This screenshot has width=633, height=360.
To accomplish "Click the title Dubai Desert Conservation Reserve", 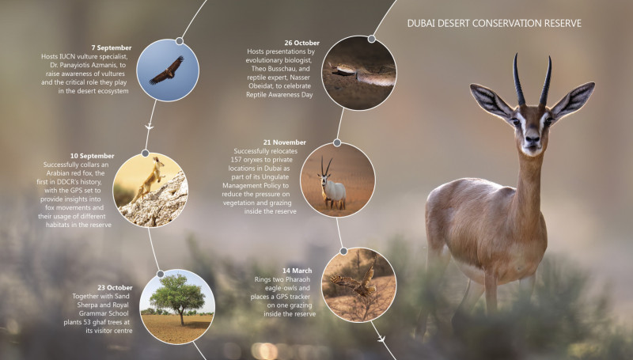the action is tap(494, 24).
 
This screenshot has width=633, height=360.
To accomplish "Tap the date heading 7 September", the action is tap(112, 47).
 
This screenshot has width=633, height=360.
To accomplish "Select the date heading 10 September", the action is tap(92, 156).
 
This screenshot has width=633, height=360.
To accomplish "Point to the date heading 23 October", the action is tap(115, 287).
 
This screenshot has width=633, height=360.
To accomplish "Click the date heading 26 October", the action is tap(301, 43).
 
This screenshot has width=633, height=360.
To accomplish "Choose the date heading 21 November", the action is tap(285, 142).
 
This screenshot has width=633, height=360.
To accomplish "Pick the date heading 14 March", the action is tap(298, 271).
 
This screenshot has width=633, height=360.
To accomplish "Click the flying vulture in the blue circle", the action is tap(167, 70).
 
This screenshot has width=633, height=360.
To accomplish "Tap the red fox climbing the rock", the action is tap(149, 179).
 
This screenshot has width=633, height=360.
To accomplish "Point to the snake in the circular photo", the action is tap(361, 74).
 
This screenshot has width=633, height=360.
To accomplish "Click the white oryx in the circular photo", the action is tap(332, 185).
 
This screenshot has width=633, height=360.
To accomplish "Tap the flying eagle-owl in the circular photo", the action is tap(356, 282).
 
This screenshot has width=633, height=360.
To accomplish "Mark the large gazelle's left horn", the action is tap(518, 79).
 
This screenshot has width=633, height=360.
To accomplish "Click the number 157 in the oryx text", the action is tap(236, 160).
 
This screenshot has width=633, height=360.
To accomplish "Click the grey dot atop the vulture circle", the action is tap(180, 41).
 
